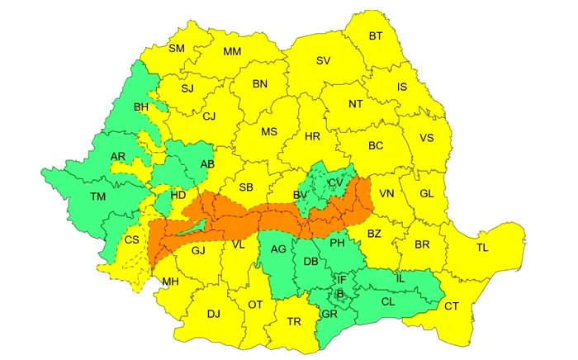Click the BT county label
click(x=376, y=36)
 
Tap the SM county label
click(x=177, y=49)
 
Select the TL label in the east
click(x=482, y=247)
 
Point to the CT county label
click(x=452, y=306)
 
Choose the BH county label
click(x=142, y=107)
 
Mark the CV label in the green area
click(x=334, y=182)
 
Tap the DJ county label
click(x=214, y=314)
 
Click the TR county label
click(x=294, y=321)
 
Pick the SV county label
click(x=324, y=61)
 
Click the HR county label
click(x=312, y=136)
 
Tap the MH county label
click(x=170, y=282)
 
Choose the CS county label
click(x=131, y=240)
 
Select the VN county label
click(x=386, y=194)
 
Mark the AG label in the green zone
click(x=278, y=249)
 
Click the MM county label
click(x=232, y=52)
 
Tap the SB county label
click(x=245, y=187)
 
